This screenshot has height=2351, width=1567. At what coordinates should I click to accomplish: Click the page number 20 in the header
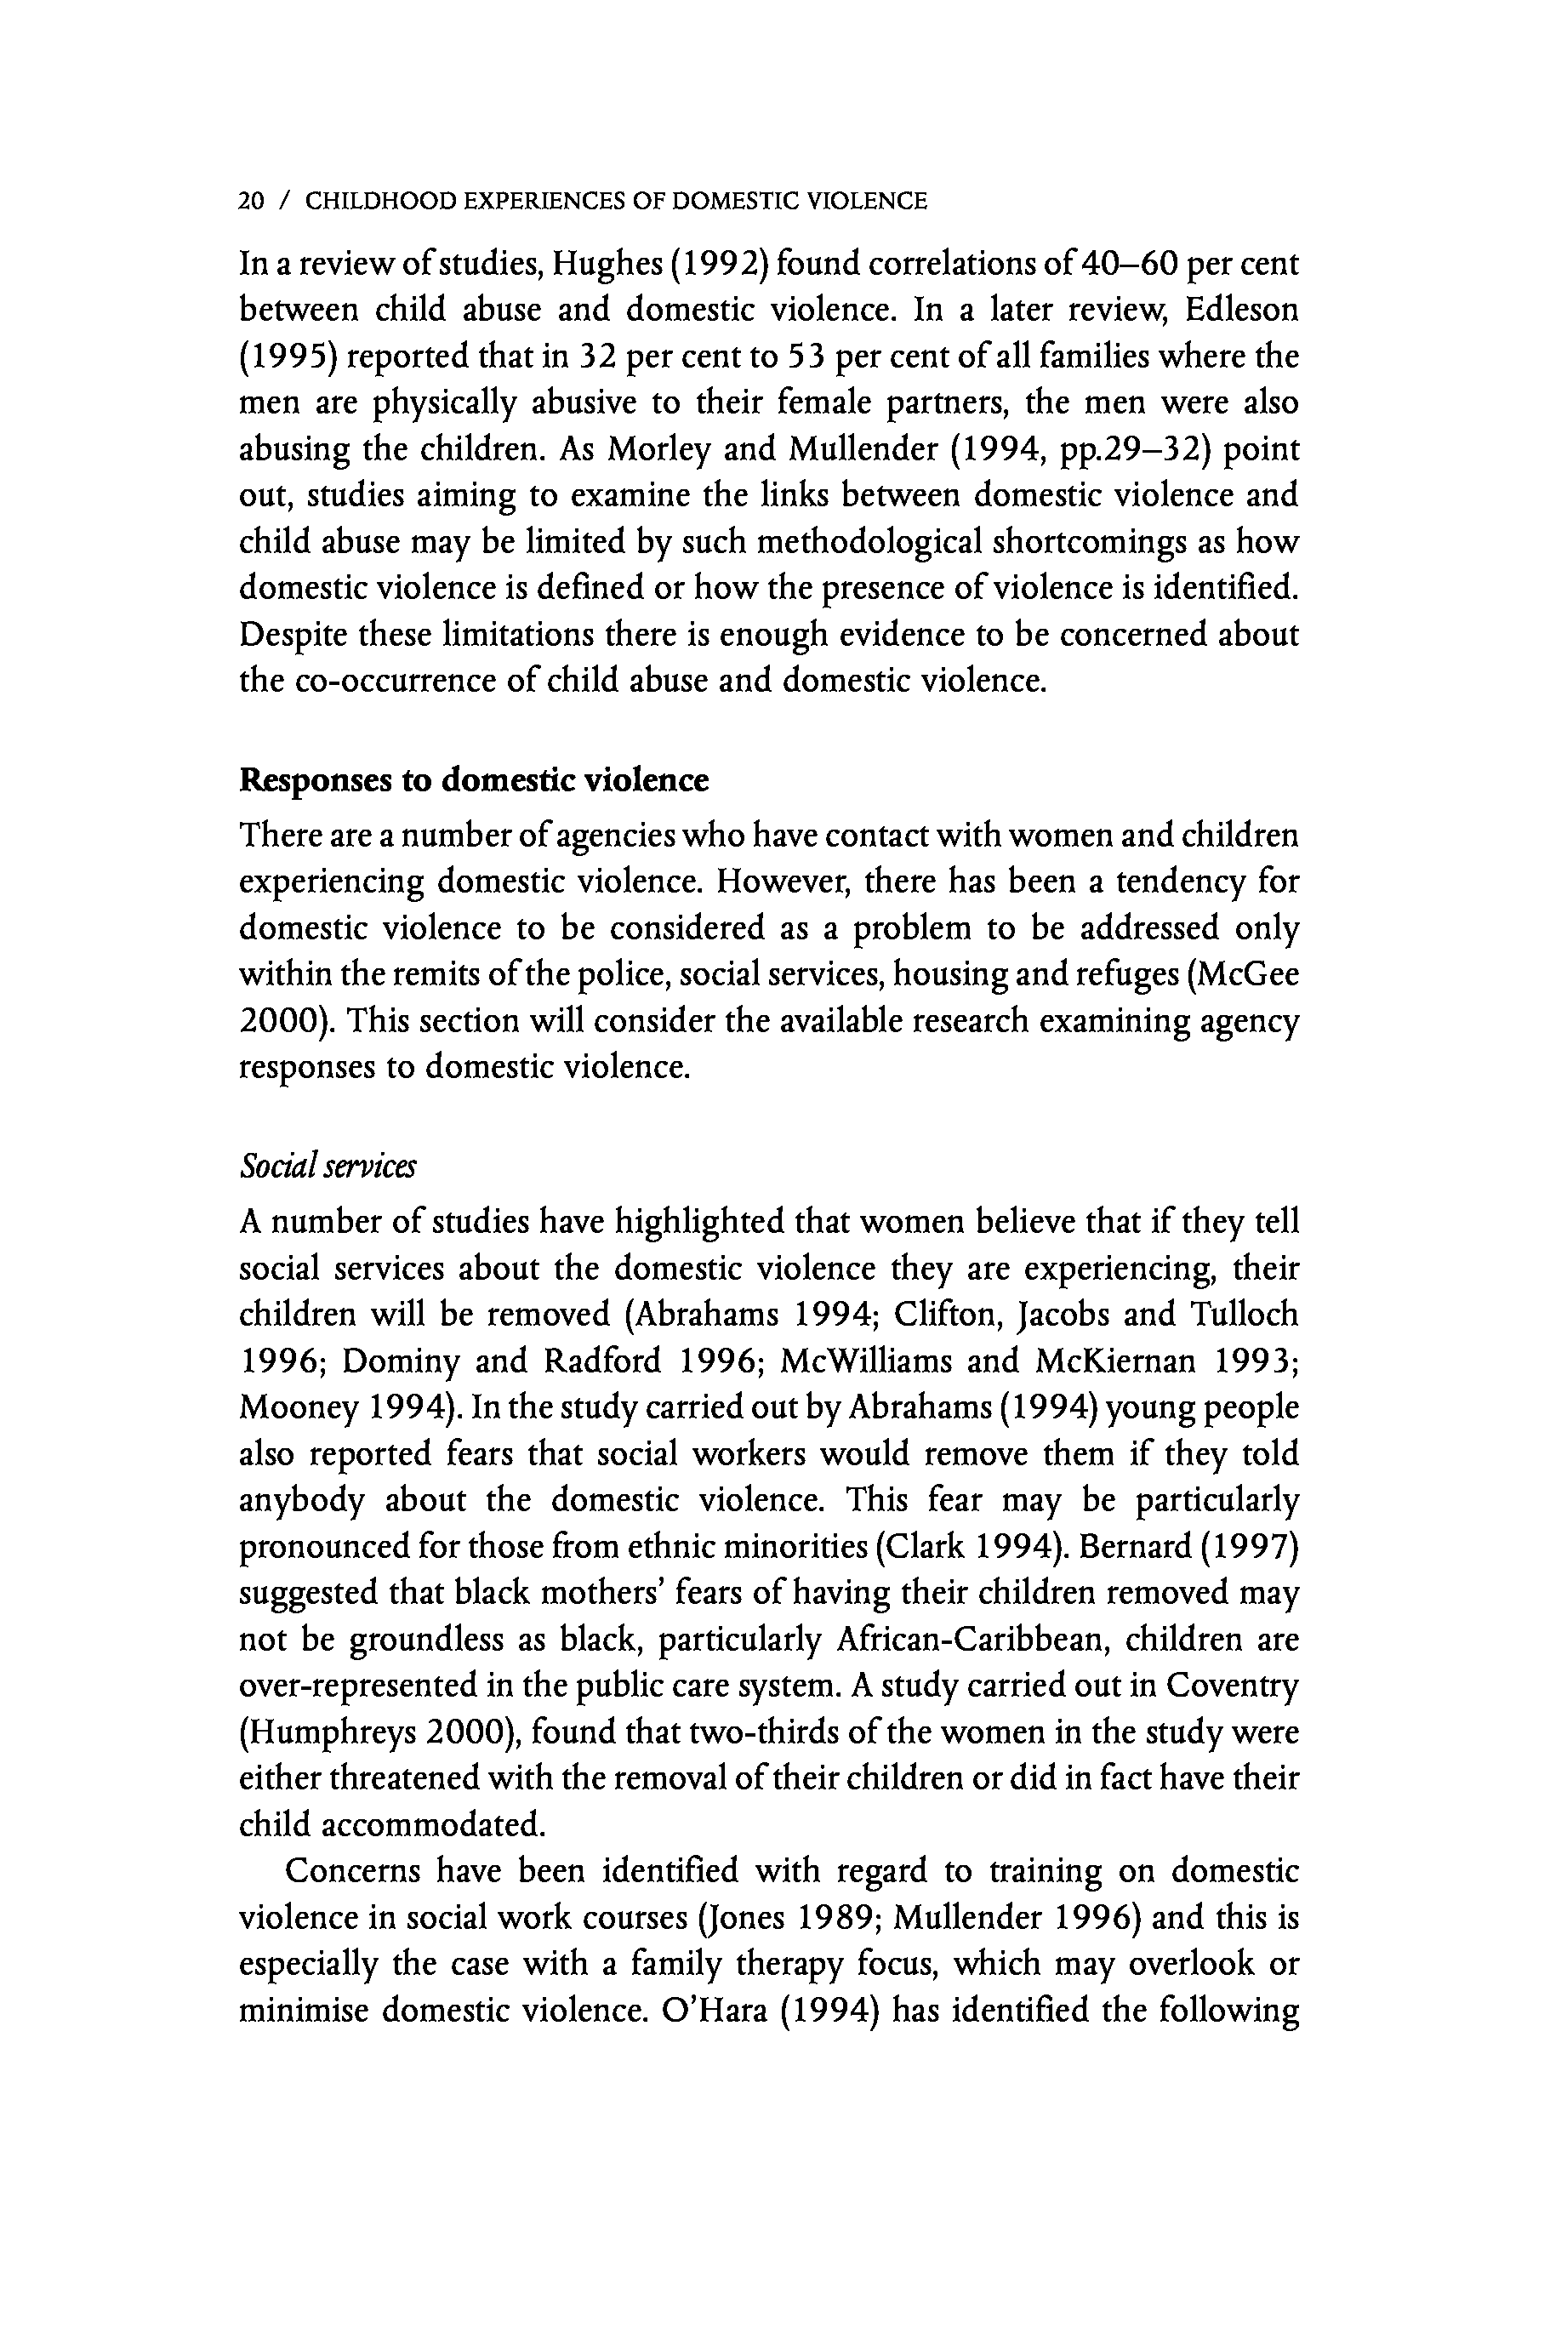click(x=251, y=202)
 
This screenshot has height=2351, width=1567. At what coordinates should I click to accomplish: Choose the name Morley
click(x=659, y=450)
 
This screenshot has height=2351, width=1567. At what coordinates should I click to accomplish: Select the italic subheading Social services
click(x=328, y=1167)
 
